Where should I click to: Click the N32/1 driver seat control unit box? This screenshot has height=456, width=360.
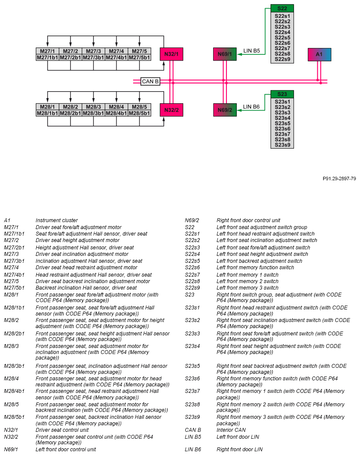pyautogui.click(x=172, y=54)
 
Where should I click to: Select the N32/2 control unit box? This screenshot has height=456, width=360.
pyautogui.click(x=172, y=110)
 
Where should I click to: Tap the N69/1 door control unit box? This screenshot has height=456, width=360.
pyautogui.click(x=225, y=54)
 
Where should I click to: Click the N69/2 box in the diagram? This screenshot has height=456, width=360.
pyautogui.click(x=225, y=110)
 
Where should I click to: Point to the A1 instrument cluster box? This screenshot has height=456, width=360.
pyautogui.click(x=319, y=54)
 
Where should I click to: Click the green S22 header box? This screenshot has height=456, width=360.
pyautogui.click(x=282, y=9)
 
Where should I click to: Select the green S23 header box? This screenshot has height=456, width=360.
pyautogui.click(x=282, y=94)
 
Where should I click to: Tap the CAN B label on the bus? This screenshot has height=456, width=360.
pyautogui.click(x=150, y=81)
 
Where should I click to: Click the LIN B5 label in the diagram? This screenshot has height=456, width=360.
pyautogui.click(x=252, y=51)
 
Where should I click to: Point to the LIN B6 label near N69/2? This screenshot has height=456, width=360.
pyautogui.click(x=251, y=107)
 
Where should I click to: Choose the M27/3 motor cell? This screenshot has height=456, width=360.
pyautogui.click(x=93, y=51)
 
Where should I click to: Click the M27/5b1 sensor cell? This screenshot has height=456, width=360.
pyautogui.click(x=139, y=57)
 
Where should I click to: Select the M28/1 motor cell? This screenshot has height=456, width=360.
pyautogui.click(x=48, y=107)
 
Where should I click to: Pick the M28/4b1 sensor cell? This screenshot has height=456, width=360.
pyautogui.click(x=116, y=113)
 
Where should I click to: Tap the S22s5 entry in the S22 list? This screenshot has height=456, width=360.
pyautogui.click(x=282, y=38)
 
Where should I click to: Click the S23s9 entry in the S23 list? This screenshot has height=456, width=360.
pyautogui.click(x=282, y=145)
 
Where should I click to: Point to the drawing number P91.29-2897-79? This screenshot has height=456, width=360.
pyautogui.click(x=339, y=179)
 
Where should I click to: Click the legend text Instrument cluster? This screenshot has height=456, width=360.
pyautogui.click(x=57, y=220)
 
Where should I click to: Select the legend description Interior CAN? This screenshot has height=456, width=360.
pyautogui.click(x=231, y=430)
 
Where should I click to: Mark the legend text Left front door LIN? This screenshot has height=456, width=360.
pyautogui.click(x=238, y=437)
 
